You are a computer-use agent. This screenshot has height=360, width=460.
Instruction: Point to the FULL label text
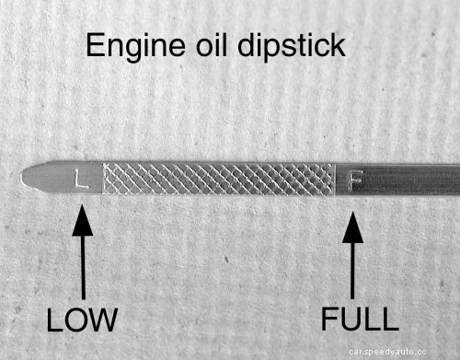point(360,319)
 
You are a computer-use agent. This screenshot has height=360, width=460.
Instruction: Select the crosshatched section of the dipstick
point(217,179)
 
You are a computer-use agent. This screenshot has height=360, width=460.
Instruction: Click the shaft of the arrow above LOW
point(83,267)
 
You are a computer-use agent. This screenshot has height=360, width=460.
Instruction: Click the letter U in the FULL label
point(353,319)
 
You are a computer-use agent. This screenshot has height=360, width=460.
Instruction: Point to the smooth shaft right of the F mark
point(414,178)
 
